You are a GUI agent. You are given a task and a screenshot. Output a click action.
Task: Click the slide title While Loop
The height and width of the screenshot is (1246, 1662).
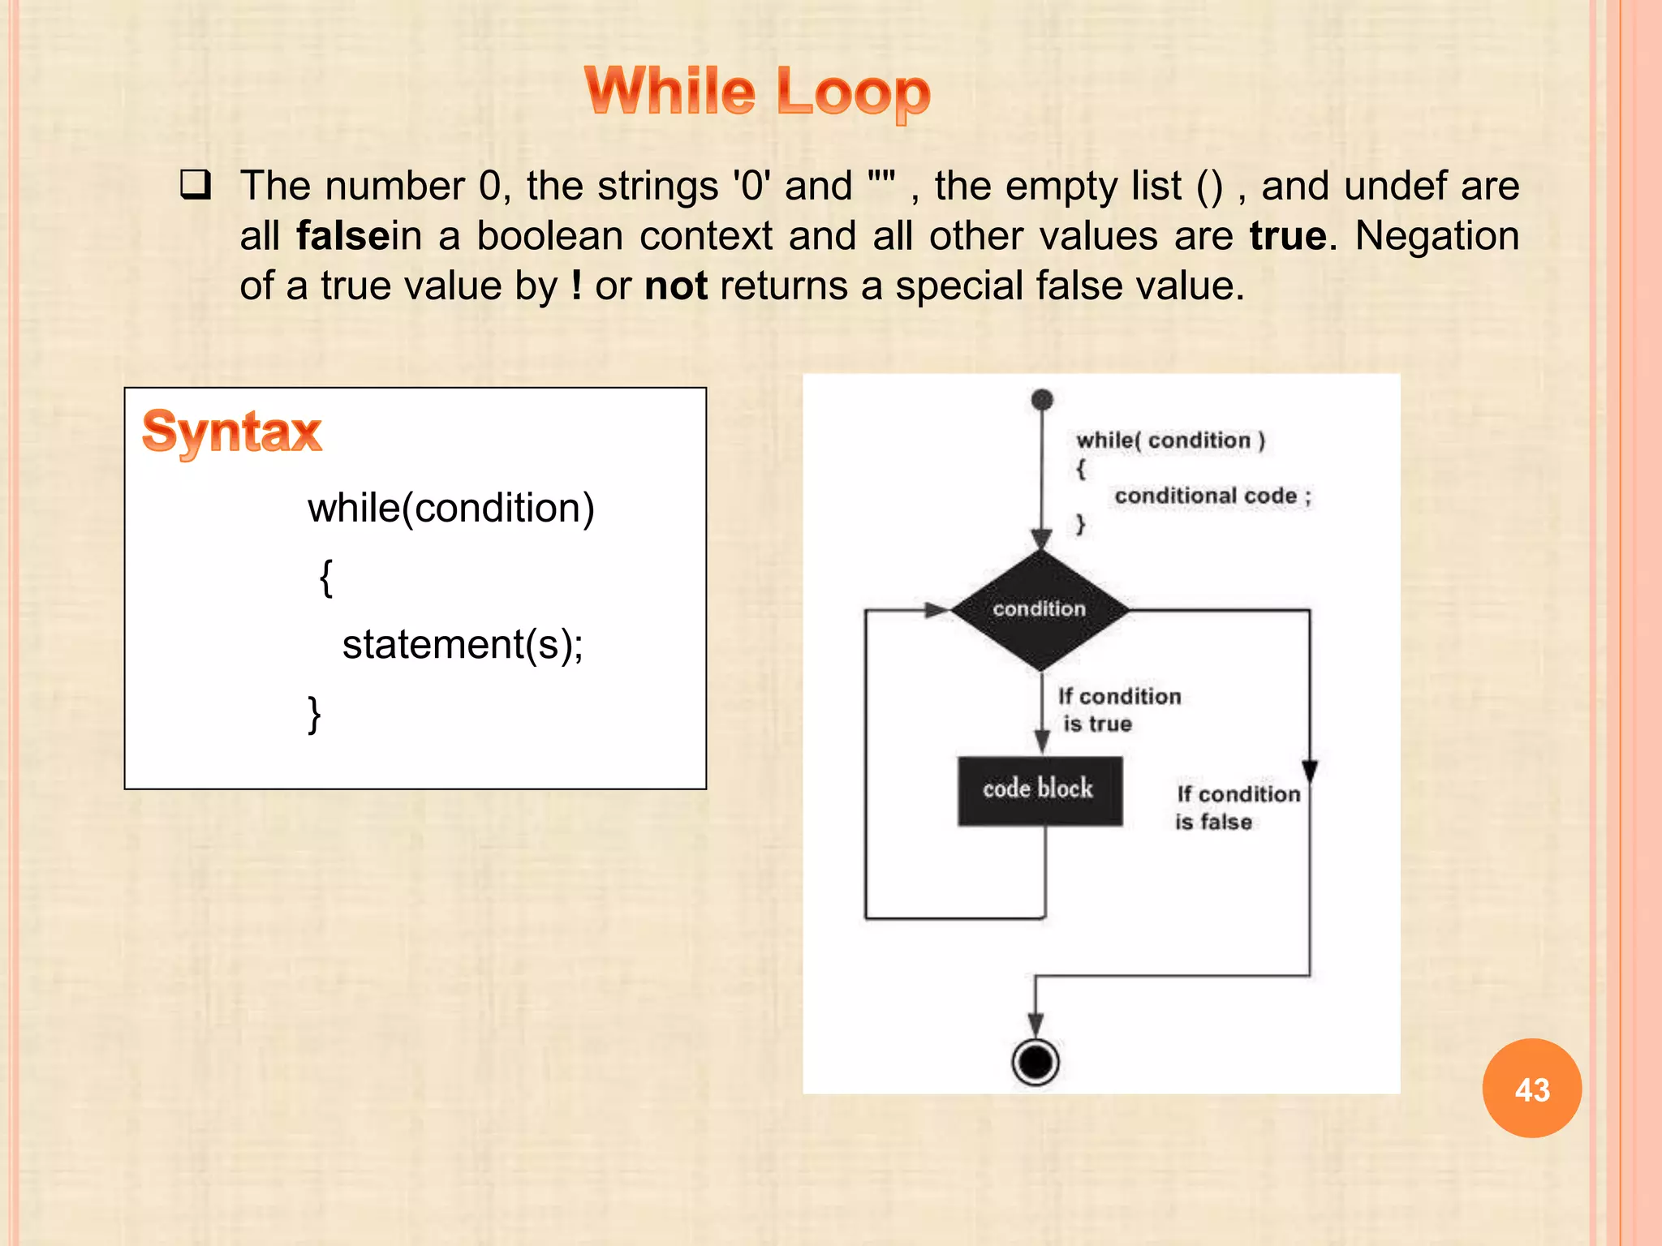coord(757,91)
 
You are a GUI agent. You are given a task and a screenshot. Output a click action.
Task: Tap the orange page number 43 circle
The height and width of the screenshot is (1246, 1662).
coord(1531,1089)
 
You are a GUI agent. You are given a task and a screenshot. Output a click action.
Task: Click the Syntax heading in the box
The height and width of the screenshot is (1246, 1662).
coord(232,432)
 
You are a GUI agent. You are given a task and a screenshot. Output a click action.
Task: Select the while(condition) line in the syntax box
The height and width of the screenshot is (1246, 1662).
coord(451,509)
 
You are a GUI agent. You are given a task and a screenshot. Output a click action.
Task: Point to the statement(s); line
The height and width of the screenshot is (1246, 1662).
coord(463,645)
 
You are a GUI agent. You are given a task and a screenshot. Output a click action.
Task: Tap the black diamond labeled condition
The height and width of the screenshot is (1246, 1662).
coord(1040,609)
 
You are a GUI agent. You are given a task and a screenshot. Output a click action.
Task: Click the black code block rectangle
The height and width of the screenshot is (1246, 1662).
coord(1040,791)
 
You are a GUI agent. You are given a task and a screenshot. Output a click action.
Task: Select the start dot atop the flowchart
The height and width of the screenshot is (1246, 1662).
coord(1042,400)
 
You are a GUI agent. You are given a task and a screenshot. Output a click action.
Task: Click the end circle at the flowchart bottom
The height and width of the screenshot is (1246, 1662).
coord(1036,1061)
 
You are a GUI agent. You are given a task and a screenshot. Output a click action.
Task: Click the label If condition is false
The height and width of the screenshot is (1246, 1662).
coord(1236,808)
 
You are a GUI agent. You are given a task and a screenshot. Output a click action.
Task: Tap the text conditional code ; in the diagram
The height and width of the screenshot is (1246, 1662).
coord(1212,496)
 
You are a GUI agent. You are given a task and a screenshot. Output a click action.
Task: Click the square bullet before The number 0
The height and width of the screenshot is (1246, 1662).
coord(196,186)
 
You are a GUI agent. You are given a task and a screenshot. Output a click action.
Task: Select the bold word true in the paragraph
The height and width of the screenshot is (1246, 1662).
coord(1287,236)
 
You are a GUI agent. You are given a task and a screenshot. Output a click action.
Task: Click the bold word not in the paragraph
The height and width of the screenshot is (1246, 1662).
coord(676,286)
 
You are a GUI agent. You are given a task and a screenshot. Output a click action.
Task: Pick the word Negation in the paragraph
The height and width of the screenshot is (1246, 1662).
coord(1436,236)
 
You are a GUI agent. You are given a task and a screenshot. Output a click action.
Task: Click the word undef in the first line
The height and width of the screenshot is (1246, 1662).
coord(1395,186)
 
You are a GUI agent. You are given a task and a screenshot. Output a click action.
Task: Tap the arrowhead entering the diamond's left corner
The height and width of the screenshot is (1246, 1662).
coord(937,610)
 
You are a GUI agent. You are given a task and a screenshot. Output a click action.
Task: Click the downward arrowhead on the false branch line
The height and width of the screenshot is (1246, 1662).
coord(1309,771)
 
